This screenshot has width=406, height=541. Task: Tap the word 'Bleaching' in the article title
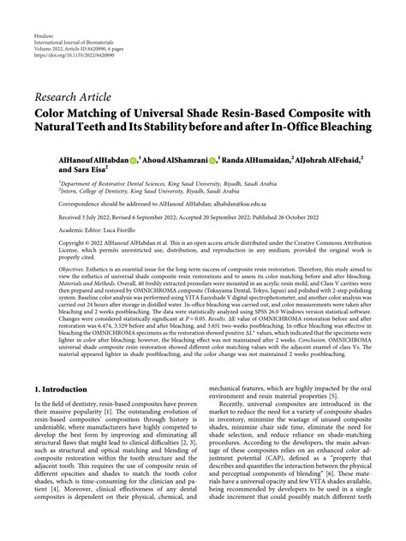tap(337, 127)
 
